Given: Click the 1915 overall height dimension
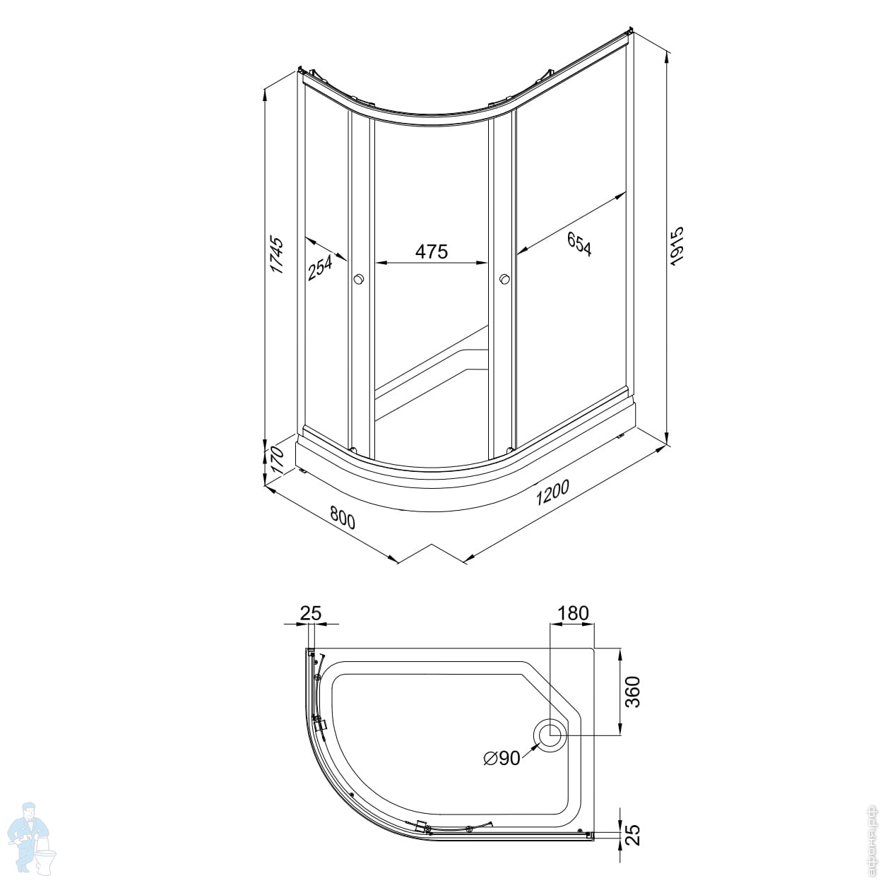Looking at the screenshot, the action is [x=676, y=246].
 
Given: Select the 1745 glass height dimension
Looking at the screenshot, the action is [x=277, y=255].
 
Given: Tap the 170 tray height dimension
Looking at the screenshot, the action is [x=277, y=461].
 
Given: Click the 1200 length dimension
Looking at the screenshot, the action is [x=552, y=492].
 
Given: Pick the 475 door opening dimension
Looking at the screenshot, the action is [x=431, y=251].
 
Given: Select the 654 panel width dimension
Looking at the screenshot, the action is [x=580, y=244].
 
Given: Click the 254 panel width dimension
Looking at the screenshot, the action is [x=320, y=268].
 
